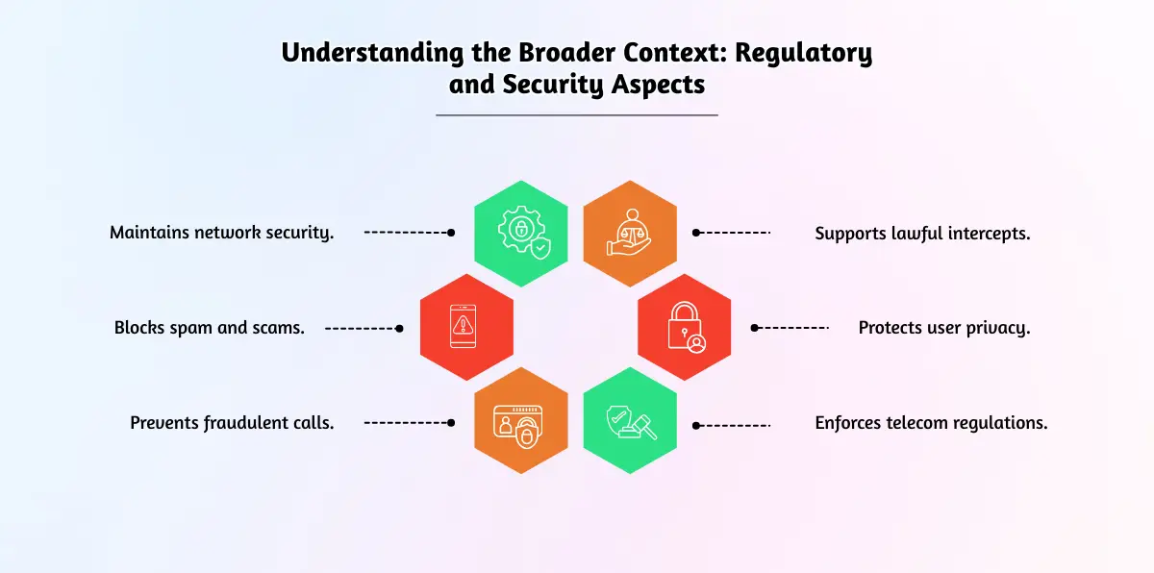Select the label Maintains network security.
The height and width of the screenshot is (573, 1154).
click(x=222, y=233)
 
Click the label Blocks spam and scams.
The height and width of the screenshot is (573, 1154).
click(x=210, y=327)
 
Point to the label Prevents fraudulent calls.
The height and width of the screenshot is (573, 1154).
click(x=232, y=422)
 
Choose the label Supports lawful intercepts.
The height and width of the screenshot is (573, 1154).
click(x=922, y=233)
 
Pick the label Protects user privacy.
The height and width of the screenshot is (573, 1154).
click(x=943, y=327)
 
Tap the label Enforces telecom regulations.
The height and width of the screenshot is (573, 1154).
click(x=931, y=422)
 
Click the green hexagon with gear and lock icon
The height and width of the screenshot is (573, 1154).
click(x=521, y=233)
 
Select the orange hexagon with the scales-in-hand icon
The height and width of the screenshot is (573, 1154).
click(x=631, y=233)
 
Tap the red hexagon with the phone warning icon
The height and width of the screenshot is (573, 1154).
click(x=467, y=327)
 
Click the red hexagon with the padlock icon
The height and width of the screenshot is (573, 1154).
click(x=685, y=327)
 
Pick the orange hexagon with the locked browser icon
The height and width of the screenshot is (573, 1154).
click(x=521, y=421)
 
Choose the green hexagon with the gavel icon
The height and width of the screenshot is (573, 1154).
click(x=631, y=421)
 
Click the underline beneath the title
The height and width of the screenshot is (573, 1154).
click(x=577, y=115)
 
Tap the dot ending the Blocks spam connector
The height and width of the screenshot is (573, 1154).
click(x=399, y=328)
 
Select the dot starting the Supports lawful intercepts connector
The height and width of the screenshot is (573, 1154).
click(x=696, y=233)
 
